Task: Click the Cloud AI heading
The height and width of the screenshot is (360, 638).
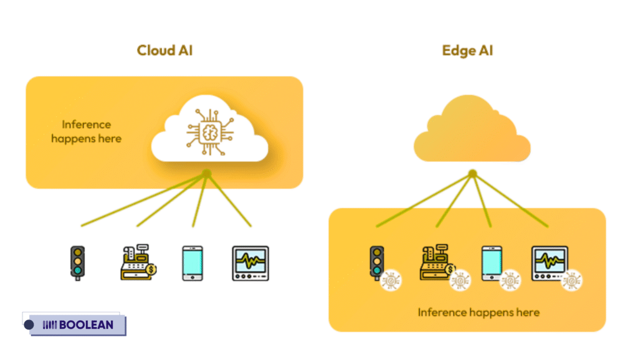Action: (x=164, y=50)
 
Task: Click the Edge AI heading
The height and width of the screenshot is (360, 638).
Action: (x=467, y=50)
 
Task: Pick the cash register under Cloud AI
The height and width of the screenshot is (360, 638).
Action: (x=136, y=262)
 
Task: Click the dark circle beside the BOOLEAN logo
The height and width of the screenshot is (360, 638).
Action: (x=29, y=324)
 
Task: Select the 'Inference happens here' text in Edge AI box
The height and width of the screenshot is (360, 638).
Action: (x=478, y=312)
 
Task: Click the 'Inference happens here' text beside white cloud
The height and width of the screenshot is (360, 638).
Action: (x=86, y=131)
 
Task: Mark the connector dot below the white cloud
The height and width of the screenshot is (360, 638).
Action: (x=206, y=173)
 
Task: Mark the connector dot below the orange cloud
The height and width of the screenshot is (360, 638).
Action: (x=472, y=173)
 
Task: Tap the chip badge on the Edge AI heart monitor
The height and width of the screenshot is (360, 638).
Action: (x=571, y=280)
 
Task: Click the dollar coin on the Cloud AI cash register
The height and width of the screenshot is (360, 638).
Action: (x=151, y=270)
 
